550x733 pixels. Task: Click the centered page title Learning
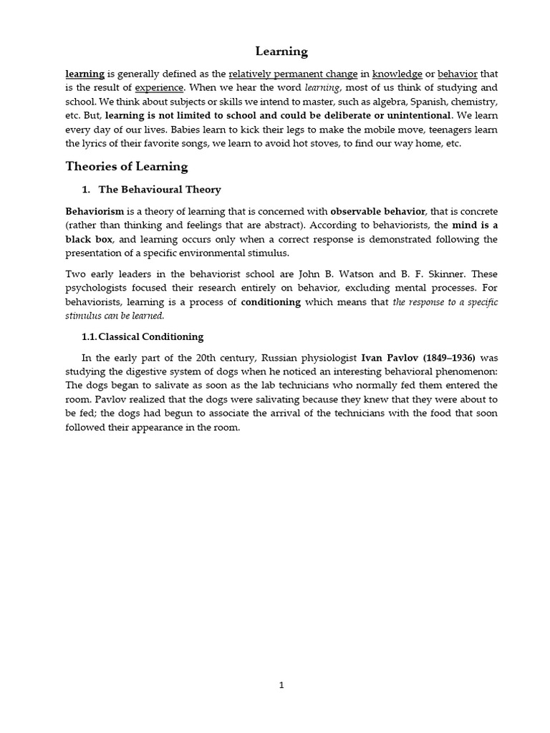[281, 52]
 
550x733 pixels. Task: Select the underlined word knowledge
[397, 74]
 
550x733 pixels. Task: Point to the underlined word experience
[160, 87]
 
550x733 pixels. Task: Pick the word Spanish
[407, 101]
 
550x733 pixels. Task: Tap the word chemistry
[468, 101]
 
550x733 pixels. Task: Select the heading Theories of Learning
[127, 167]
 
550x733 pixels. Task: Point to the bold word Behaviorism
[95, 212]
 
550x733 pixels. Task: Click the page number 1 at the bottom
[281, 685]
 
